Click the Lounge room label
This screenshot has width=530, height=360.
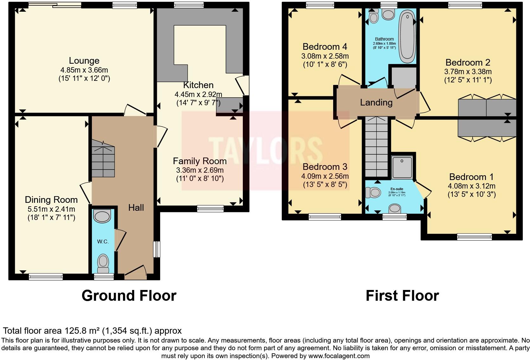coord(84,61)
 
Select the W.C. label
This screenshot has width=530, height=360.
coord(103,241)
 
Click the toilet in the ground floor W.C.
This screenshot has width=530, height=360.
coord(103,263)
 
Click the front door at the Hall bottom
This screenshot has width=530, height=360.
coord(136,273)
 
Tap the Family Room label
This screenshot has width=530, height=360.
coord(200,161)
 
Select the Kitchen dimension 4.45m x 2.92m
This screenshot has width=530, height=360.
coord(198,94)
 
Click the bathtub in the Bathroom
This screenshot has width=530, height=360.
coord(407,36)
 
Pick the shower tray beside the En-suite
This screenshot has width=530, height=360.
coord(402,167)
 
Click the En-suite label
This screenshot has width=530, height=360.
coord(397,189)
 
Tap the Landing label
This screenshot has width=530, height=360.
coord(376,102)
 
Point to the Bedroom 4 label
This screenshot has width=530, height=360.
coord(325,47)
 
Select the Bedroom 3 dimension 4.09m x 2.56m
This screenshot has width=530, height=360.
coord(325,176)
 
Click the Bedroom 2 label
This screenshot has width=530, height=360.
coord(468,62)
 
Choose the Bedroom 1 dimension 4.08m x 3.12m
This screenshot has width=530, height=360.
coord(471,186)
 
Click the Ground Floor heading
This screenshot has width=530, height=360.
coord(129,296)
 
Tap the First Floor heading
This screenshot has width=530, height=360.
coord(402,296)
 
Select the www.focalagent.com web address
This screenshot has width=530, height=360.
coord(339,356)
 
